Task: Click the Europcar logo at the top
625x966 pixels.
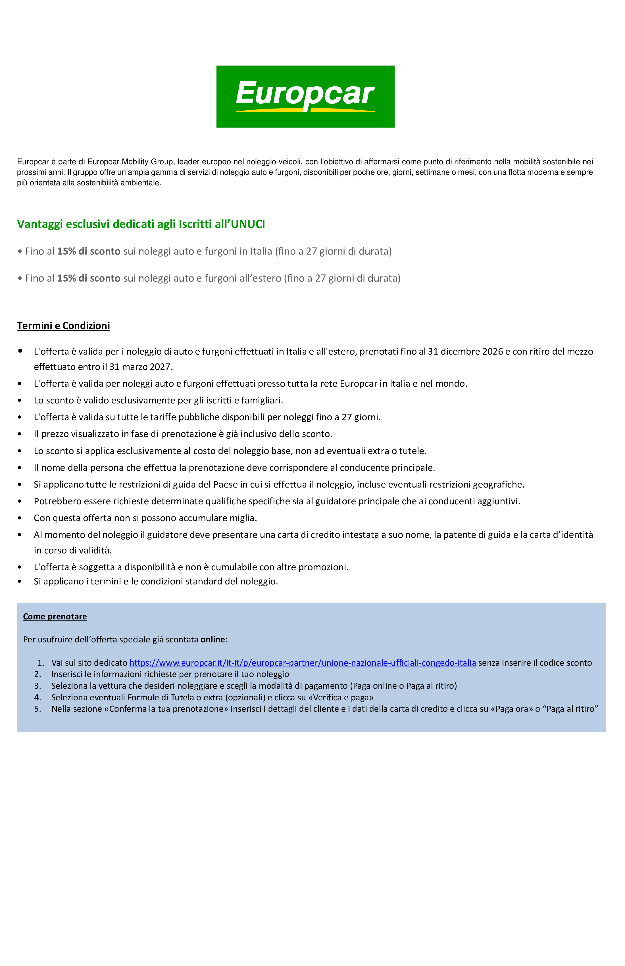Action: pyautogui.click(x=305, y=97)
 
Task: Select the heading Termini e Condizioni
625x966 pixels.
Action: pyautogui.click(x=63, y=326)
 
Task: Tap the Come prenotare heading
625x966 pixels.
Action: pyautogui.click(x=55, y=616)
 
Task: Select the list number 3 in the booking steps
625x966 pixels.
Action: pyautogui.click(x=38, y=686)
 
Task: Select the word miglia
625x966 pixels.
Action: pyautogui.click(x=243, y=518)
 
